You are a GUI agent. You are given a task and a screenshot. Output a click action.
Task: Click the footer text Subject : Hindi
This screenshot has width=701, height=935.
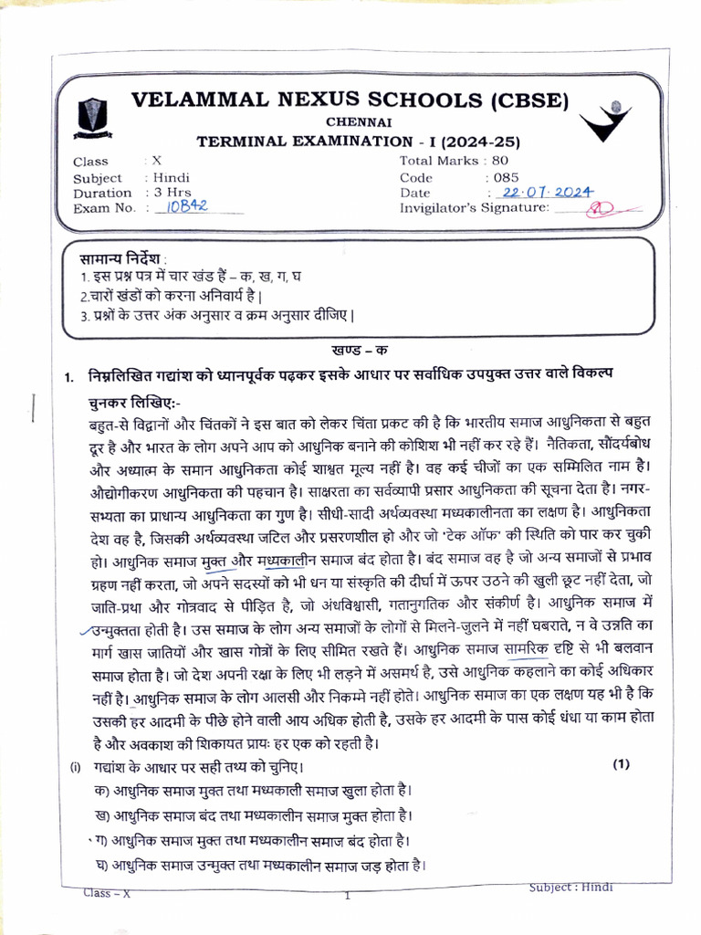pyautogui.click(x=571, y=887)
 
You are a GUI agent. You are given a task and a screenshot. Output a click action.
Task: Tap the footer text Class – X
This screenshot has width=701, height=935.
pyautogui.click(x=108, y=893)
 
